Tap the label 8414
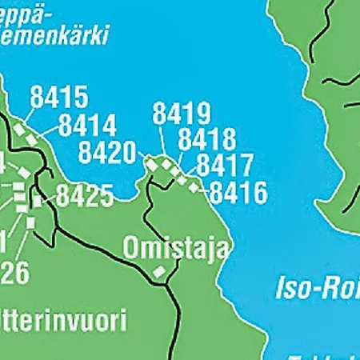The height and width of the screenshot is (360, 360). click(87, 126)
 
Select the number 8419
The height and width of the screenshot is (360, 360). click(182, 114)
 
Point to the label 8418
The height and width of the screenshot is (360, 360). click(207, 139)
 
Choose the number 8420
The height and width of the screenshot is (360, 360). click(107, 152)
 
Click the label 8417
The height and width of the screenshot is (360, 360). click(225, 166)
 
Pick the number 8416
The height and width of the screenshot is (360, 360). click(238, 192)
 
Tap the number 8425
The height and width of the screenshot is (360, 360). click(85, 195)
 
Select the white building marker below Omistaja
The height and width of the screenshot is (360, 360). click(161, 272)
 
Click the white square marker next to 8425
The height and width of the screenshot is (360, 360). click(35, 202)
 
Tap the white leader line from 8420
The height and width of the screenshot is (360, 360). click(142, 156)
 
